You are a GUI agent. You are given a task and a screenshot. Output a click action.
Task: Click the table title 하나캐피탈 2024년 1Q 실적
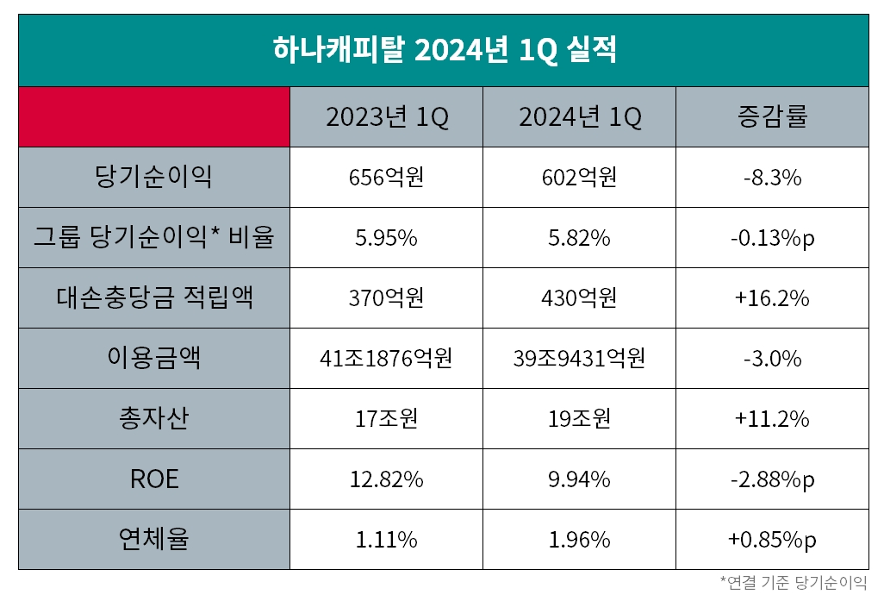pyautogui.click(x=443, y=50)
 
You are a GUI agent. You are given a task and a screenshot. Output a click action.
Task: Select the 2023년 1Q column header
pyautogui.click(x=387, y=117)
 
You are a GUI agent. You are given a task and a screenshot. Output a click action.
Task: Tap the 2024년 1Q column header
pyautogui.click(x=580, y=117)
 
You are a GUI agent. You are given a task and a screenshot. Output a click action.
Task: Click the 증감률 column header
pyautogui.click(x=772, y=117)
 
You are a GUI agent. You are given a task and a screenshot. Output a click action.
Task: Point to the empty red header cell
pyautogui.click(x=154, y=117)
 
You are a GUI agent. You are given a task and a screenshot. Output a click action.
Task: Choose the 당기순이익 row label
pyautogui.click(x=154, y=178)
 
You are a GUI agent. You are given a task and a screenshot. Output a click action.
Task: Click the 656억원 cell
pyautogui.click(x=387, y=178)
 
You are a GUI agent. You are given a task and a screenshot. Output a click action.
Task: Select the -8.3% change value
pyautogui.click(x=772, y=178)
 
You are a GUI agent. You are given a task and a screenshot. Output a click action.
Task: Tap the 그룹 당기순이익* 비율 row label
pyautogui.click(x=154, y=238)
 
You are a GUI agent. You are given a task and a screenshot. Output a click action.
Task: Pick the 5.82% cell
pyautogui.click(x=580, y=238)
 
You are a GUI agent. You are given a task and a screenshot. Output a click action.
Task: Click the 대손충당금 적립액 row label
pyautogui.click(x=154, y=298)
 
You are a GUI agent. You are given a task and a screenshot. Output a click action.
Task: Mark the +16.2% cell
pyautogui.click(x=772, y=298)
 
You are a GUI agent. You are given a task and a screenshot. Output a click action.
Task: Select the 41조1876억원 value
pyautogui.click(x=387, y=359)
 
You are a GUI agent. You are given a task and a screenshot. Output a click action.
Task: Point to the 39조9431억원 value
pyautogui.click(x=580, y=359)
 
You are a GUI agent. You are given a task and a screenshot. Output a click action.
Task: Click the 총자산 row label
pyautogui.click(x=154, y=419)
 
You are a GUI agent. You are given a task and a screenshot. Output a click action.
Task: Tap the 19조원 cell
pyautogui.click(x=580, y=419)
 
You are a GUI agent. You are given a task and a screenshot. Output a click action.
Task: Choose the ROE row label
pyautogui.click(x=154, y=479)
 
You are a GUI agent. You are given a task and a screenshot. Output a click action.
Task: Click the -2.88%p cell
pyautogui.click(x=772, y=479)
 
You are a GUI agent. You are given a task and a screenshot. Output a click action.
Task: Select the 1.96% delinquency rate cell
pyautogui.click(x=580, y=540)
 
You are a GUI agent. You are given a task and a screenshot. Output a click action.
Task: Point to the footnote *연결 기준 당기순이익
pyautogui.click(x=794, y=582)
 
